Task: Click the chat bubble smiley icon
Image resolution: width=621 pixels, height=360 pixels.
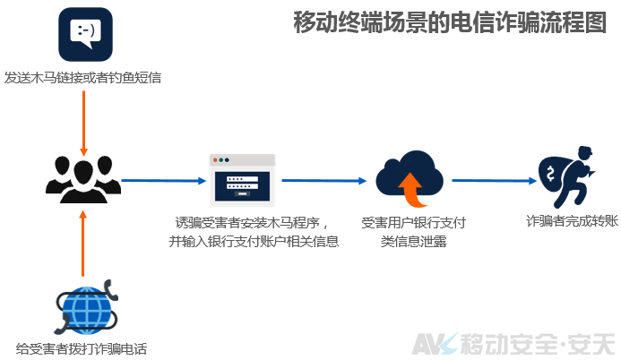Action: click(85, 34)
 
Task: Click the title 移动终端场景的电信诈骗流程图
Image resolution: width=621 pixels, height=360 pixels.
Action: click(450, 22)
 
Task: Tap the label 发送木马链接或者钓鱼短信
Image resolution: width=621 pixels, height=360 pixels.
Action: click(82, 78)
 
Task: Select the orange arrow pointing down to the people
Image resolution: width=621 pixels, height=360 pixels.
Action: click(83, 124)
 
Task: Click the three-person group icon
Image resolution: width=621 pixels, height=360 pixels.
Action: click(83, 180)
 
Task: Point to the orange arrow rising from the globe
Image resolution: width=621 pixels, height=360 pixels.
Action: click(82, 244)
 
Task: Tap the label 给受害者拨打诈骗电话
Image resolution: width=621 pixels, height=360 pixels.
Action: click(82, 348)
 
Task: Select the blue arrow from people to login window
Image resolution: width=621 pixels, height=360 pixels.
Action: click(164, 181)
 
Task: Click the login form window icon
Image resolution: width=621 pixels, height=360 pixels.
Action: click(242, 180)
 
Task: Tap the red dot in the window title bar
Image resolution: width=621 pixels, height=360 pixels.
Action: click(215, 160)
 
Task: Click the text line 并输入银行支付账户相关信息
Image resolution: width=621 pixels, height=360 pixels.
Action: click(254, 241)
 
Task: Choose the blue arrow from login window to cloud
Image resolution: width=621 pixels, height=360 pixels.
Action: click(324, 181)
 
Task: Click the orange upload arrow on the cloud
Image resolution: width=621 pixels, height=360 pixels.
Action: click(413, 190)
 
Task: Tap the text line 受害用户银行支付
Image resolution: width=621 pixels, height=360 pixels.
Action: click(413, 223)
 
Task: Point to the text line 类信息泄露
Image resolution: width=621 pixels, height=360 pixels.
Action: click(413, 241)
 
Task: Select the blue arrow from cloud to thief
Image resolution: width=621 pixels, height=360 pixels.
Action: click(495, 181)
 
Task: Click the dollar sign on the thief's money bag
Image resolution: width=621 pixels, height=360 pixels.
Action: click(550, 173)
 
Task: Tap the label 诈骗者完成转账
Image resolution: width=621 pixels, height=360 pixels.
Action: click(573, 221)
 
